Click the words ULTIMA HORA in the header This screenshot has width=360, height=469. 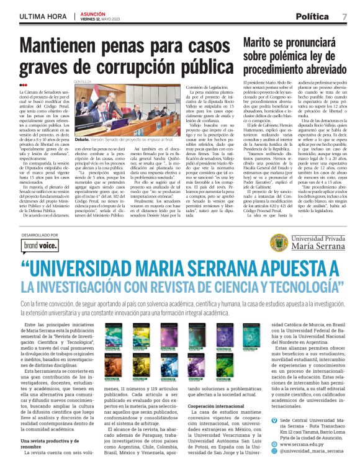click(x=41, y=15)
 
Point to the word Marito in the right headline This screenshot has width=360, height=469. click(x=263, y=43)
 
